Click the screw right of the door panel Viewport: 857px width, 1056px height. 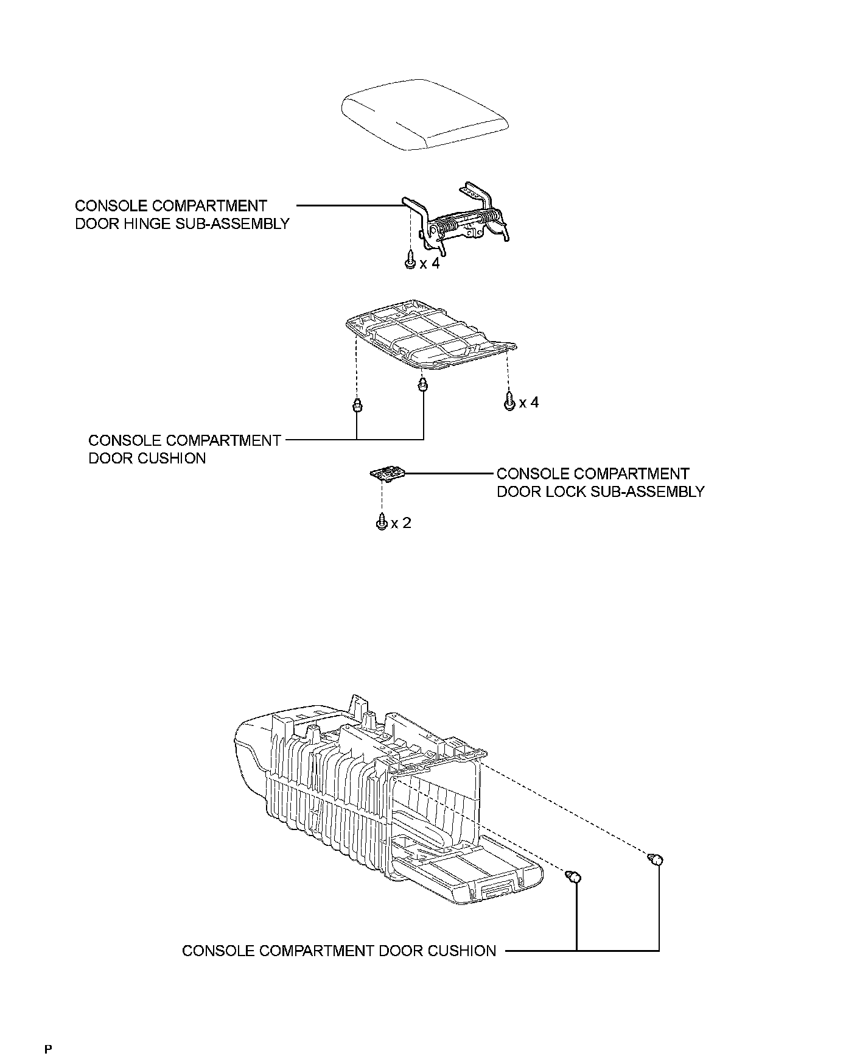[510, 402]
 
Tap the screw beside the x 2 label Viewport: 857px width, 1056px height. [381, 523]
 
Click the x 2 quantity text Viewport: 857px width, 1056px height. [402, 523]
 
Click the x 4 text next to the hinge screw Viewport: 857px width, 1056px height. [429, 264]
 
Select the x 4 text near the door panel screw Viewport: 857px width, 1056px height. [529, 403]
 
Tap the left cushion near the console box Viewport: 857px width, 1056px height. [575, 878]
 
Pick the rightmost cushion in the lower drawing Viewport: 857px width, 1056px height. [656, 859]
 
